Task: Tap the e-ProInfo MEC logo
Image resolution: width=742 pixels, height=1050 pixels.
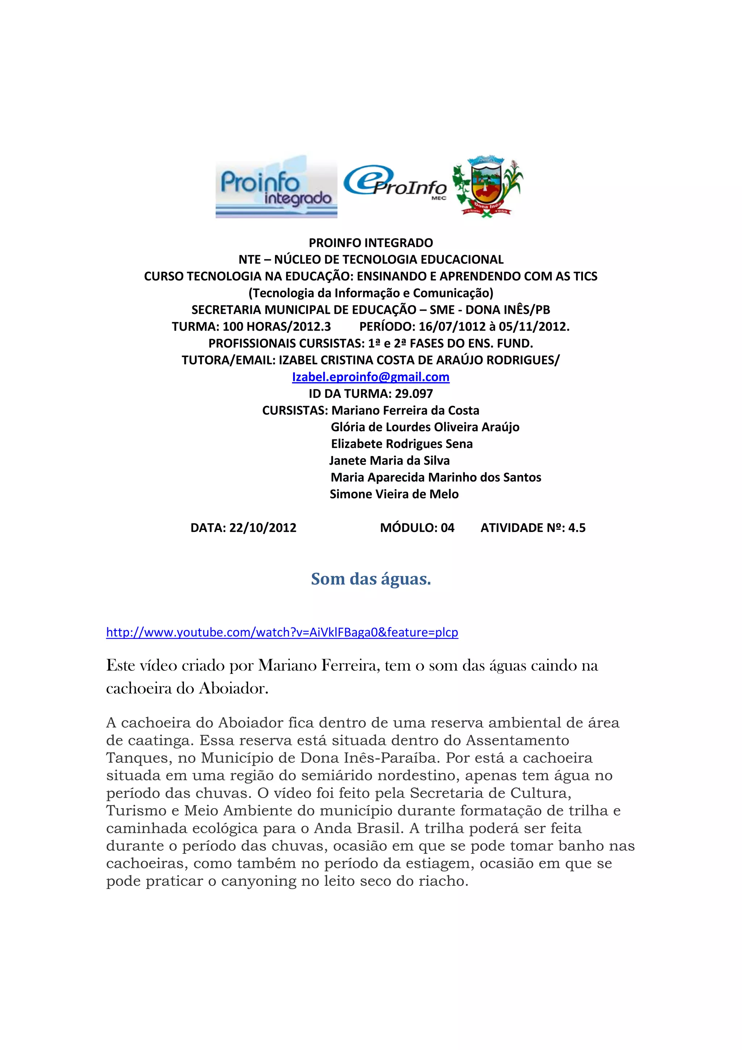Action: [395, 183]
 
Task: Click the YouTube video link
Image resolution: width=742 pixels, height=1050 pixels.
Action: [282, 632]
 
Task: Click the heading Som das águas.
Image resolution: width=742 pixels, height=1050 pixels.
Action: [371, 579]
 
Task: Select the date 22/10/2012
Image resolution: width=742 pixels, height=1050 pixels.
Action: [263, 528]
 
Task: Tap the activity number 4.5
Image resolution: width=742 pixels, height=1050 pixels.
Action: [576, 528]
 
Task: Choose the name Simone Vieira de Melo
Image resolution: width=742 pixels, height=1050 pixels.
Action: [394, 494]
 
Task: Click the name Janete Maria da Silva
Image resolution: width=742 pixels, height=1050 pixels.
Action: [389, 460]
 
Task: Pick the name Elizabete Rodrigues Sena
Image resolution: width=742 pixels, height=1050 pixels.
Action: [401, 444]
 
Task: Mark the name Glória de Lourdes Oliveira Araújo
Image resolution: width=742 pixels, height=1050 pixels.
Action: [425, 427]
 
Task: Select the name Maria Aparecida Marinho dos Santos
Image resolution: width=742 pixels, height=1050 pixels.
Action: [436, 478]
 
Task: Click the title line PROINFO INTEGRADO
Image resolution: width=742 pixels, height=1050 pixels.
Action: [371, 243]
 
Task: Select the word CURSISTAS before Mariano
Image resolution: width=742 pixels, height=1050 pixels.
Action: [295, 411]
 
